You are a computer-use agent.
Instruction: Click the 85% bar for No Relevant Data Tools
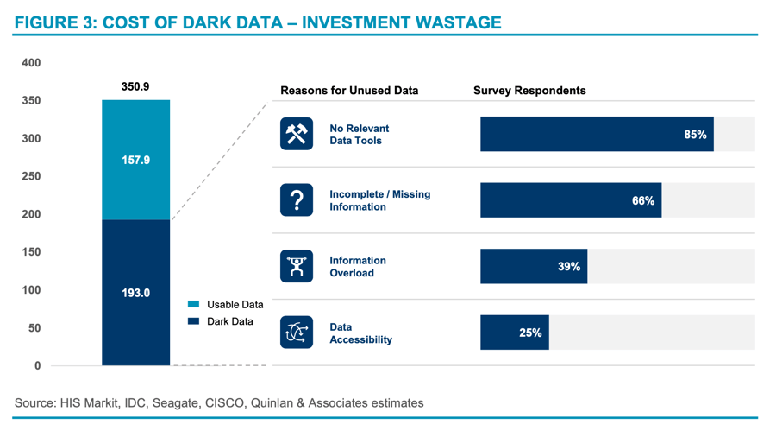[597, 135]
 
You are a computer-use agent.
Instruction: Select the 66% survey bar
[571, 200]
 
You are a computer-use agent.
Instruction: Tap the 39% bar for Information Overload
[534, 267]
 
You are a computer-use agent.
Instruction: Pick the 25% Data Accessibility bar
[514, 332]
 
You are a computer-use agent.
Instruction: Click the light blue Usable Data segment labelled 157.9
[135, 161]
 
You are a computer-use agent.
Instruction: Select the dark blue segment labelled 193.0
[135, 293]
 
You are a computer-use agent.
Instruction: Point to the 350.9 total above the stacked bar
[135, 87]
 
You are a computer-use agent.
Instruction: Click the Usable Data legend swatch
[194, 305]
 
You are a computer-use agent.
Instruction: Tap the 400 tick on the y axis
[31, 63]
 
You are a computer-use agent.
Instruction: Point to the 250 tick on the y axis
[31, 176]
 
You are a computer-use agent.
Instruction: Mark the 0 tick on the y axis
[37, 366]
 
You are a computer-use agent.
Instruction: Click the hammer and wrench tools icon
[297, 135]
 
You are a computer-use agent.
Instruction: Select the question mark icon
[297, 200]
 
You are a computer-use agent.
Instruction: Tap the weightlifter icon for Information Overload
[297, 266]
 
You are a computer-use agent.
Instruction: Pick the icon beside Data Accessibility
[297, 332]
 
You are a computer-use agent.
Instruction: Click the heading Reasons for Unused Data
[349, 91]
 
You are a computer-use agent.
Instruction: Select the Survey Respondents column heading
[529, 91]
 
